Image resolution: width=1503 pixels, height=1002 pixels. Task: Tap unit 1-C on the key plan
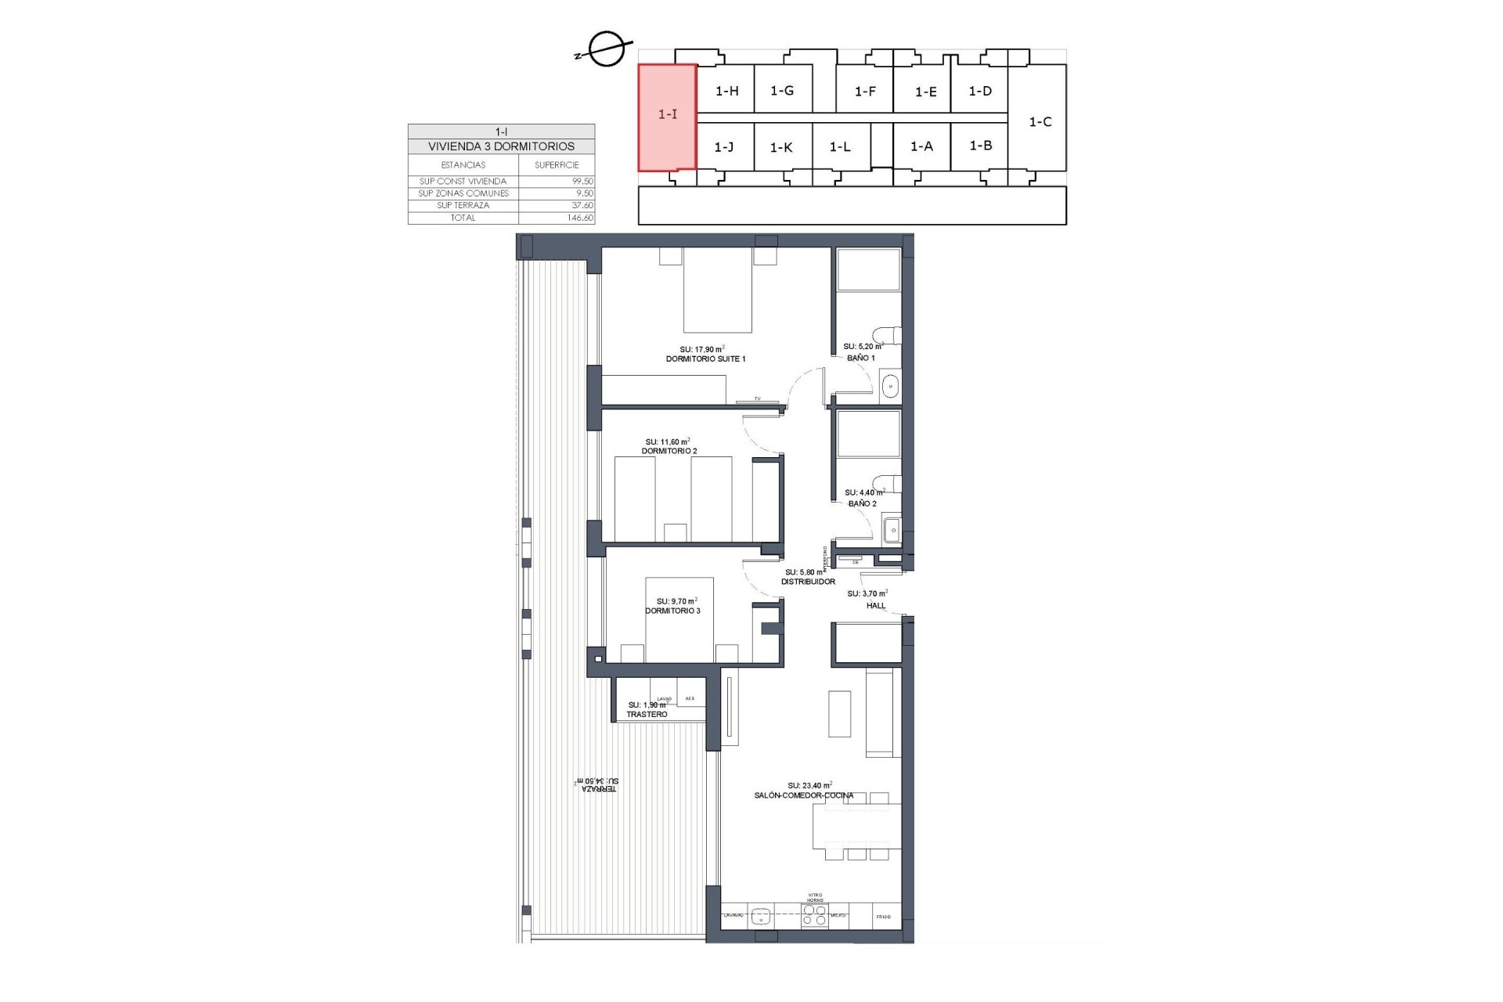[x=1040, y=122]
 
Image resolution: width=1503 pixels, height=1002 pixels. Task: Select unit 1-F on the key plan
[x=864, y=92]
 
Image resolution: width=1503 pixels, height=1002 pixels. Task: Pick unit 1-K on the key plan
[x=781, y=147]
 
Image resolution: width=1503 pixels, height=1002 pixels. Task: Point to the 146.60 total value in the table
[x=579, y=218]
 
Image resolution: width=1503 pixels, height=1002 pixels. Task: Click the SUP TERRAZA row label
[x=463, y=206]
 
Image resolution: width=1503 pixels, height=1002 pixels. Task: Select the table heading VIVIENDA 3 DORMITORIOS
[x=501, y=146]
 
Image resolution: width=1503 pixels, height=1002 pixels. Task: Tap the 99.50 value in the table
[x=582, y=182]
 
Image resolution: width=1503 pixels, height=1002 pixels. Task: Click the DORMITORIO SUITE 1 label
[x=705, y=359]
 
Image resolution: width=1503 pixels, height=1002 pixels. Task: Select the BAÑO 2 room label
[x=862, y=504]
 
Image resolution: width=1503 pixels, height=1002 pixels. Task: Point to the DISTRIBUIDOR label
[x=809, y=582]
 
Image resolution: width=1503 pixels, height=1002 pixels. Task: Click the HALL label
[x=876, y=606]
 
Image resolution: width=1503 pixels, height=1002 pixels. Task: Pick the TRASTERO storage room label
[x=647, y=715]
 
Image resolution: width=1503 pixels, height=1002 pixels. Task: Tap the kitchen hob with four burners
[x=815, y=915]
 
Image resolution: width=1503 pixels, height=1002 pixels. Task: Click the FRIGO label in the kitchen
[x=884, y=916]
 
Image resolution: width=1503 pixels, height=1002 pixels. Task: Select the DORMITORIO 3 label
[x=672, y=611]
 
